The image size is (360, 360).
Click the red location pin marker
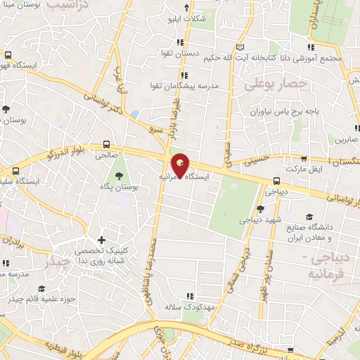click(x=181, y=166)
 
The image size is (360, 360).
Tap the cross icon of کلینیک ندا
click(x=103, y=240)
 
